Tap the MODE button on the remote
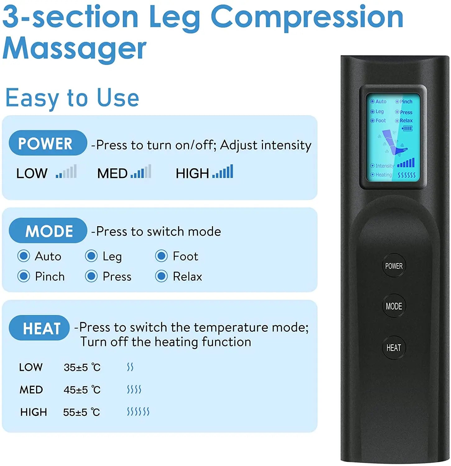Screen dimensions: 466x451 [393, 306]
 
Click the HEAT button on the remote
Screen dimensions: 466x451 [393, 348]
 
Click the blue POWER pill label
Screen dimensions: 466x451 [48, 143]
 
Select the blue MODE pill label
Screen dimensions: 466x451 [48, 231]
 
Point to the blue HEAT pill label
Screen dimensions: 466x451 [39, 328]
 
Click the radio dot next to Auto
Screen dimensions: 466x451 [24, 256]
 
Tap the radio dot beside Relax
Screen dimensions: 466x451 [161, 276]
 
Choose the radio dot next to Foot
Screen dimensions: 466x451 [161, 256]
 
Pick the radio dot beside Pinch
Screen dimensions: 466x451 [24, 276]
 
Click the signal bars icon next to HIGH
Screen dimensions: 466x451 [223, 172]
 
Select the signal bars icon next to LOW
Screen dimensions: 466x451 [66, 172]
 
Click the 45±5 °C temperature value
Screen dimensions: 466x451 [82, 390]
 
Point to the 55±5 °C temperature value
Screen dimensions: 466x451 [81, 412]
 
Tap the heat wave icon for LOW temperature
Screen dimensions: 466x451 [130, 367]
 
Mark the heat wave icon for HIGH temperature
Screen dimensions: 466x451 [138, 412]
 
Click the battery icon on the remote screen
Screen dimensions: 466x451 [407, 128]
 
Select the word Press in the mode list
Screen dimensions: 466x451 [117, 276]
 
